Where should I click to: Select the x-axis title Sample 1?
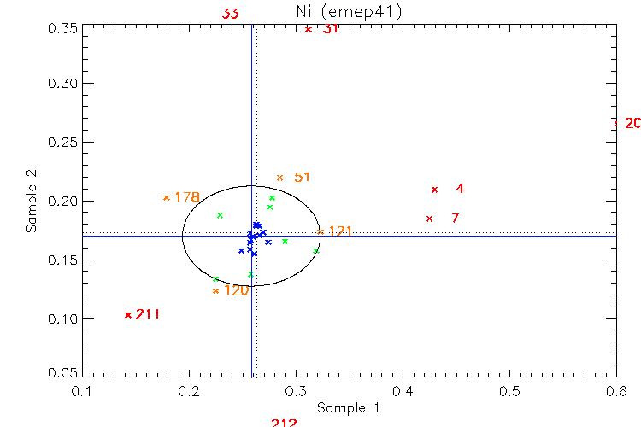[348, 408]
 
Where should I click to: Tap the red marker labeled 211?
[128, 314]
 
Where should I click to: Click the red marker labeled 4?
[434, 189]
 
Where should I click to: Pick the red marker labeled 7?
[429, 219]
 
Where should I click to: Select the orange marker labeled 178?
[166, 198]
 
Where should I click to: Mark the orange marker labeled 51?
[279, 178]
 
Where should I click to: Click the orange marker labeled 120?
[215, 291]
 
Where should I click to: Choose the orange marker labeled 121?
[320, 231]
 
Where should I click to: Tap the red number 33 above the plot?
[231, 14]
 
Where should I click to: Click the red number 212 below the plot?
[284, 423]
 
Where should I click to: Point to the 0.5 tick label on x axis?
[509, 390]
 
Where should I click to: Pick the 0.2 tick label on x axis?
[189, 390]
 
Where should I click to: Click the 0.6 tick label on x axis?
[615, 390]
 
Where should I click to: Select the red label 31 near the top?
[331, 29]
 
